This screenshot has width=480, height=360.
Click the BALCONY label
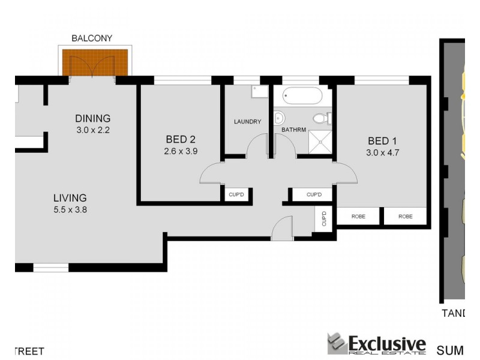[x=92, y=38]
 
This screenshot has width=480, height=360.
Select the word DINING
[x=92, y=118]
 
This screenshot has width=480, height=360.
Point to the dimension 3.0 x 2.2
[x=92, y=130]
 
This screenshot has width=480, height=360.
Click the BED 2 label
[x=180, y=140]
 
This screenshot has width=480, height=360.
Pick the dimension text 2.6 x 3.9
[x=180, y=152]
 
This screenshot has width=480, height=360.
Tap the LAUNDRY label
[x=247, y=122]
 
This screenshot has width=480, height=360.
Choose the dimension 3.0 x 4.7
[x=383, y=152]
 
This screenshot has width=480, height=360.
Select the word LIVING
[x=70, y=197]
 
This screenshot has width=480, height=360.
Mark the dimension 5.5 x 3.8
[x=70, y=209]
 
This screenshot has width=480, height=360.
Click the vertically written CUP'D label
[x=323, y=218]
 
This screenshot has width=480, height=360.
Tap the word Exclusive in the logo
[x=387, y=344]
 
